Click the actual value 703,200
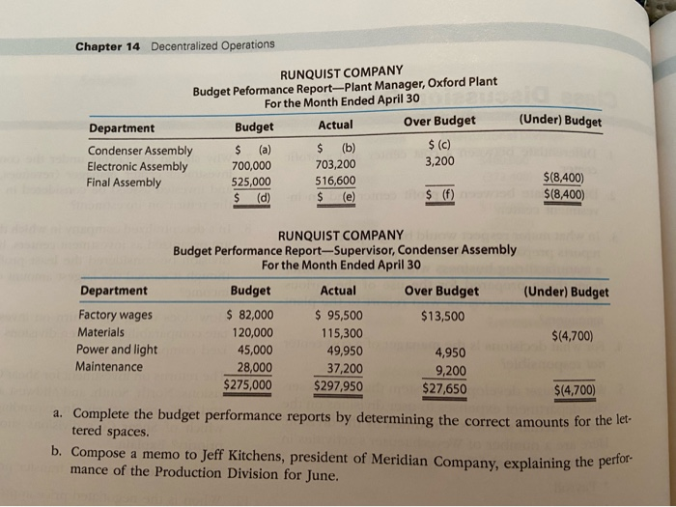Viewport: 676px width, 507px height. coord(335,165)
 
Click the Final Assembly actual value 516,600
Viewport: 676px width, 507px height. coord(335,181)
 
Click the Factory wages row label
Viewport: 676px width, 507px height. coord(114,315)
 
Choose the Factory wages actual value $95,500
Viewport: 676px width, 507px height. coord(339,314)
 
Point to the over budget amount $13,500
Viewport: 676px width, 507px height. coord(442,315)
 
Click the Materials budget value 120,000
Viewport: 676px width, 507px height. coord(251,332)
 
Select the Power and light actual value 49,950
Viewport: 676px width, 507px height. coord(342,350)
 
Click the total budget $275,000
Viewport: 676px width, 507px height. coord(248,385)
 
